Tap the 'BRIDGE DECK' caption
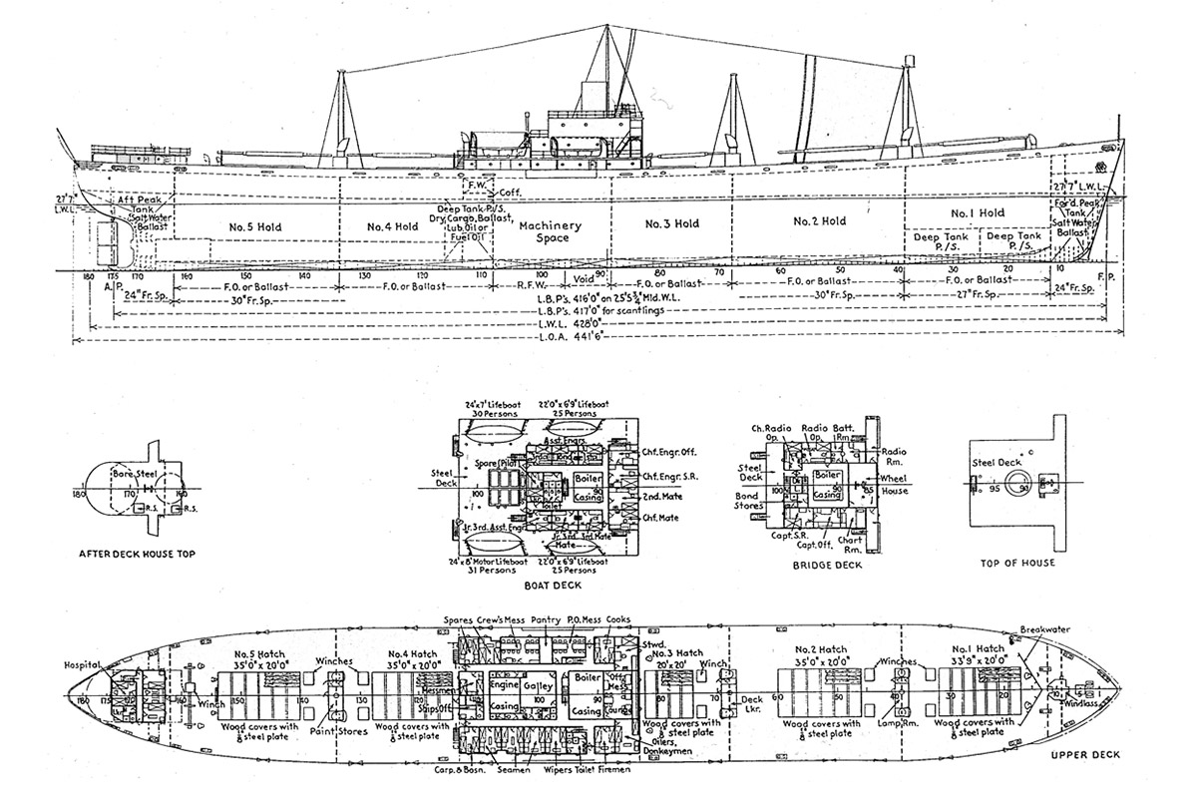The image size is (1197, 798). pyautogui.click(x=826, y=564)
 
